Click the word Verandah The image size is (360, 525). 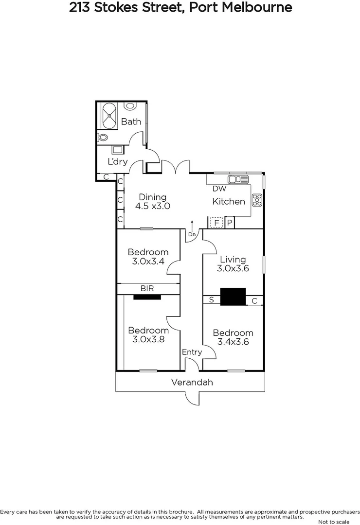[192, 382]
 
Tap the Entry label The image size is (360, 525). [192, 352]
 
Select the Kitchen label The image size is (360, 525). [229, 201]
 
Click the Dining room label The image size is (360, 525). [153, 197]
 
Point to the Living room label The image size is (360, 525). [233, 259]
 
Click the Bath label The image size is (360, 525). [131, 122]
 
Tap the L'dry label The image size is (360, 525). [117, 161]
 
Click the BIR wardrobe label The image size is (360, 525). [147, 289]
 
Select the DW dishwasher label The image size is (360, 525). [219, 189]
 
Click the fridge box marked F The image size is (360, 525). [216, 223]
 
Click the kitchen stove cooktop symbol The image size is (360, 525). [257, 199]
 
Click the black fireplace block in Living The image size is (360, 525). [233, 297]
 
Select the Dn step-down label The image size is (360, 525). [192, 234]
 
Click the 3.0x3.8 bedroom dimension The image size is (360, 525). [148, 339]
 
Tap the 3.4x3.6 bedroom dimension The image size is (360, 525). [233, 342]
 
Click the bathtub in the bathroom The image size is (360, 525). [108, 115]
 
